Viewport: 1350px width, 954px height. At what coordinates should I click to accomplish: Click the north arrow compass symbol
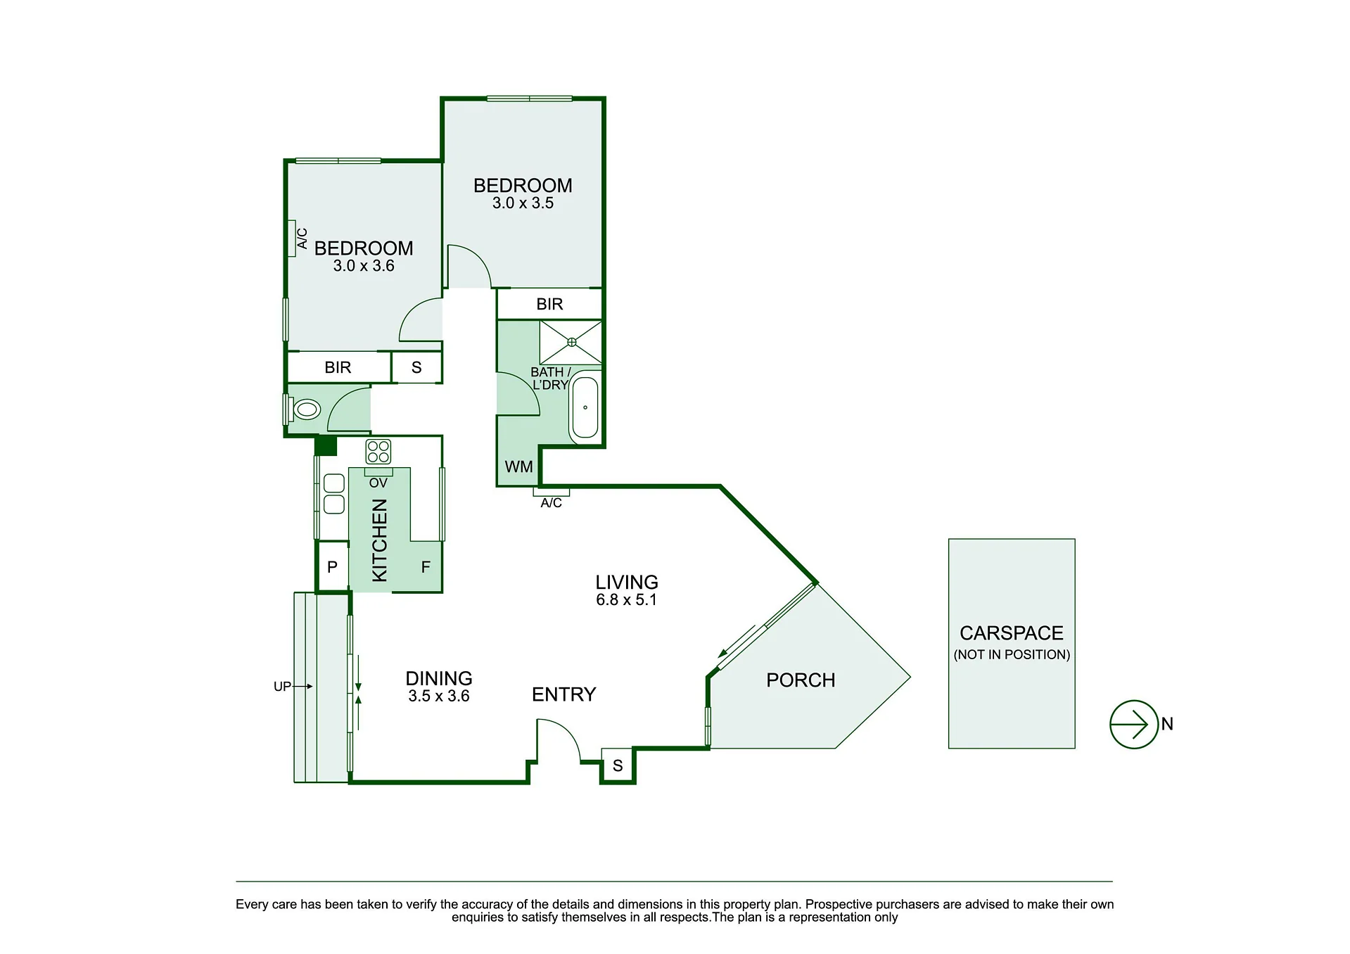(x=1133, y=724)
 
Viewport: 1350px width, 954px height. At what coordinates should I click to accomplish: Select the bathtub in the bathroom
(x=585, y=408)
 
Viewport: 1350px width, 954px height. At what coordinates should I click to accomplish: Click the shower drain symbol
(x=571, y=342)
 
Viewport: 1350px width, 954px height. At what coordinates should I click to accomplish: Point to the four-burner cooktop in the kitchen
(x=378, y=451)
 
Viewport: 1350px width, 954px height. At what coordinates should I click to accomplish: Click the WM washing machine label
(x=519, y=466)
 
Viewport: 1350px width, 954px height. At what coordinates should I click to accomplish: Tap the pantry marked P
(x=332, y=566)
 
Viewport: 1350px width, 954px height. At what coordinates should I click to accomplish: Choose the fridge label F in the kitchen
(x=426, y=567)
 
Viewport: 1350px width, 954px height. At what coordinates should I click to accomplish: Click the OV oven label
(x=378, y=483)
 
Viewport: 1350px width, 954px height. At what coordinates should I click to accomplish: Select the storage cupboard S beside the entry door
(x=618, y=765)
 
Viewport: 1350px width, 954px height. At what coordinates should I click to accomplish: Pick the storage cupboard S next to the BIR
(x=416, y=367)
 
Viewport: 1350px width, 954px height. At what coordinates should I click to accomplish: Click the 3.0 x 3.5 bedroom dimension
(x=523, y=203)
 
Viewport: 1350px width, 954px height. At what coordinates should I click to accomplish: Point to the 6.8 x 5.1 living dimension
(x=626, y=600)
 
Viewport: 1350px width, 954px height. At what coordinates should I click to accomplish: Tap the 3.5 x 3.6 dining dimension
(x=439, y=697)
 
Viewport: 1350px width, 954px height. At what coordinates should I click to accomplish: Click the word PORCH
(x=801, y=680)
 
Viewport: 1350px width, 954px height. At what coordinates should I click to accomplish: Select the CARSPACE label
(x=1012, y=633)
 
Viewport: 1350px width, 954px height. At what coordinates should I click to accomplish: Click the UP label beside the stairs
(x=282, y=687)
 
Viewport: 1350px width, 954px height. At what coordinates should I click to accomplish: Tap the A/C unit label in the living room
(x=552, y=503)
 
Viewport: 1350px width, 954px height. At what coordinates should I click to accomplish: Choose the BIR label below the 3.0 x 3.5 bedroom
(x=549, y=304)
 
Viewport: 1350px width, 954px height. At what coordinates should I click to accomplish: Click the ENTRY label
(x=563, y=695)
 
